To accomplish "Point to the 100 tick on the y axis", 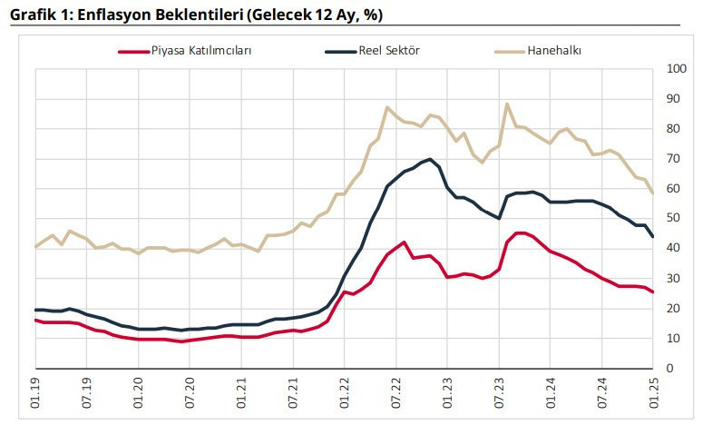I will [676, 69].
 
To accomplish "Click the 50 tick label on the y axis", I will [673, 219].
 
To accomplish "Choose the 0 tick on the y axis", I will [669, 369].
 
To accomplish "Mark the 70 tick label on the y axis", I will [673, 159].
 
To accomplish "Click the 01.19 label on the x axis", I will [36, 390].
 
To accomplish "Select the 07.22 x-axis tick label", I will [396, 390].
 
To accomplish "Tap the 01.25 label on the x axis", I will [653, 390].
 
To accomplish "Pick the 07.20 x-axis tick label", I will [190, 390].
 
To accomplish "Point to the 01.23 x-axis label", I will [448, 390].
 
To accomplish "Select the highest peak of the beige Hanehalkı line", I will [507, 104].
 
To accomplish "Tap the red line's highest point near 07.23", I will [519, 233].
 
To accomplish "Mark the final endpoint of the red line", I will [653, 292].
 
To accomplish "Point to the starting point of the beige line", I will [36, 247].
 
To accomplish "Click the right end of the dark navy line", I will [653, 237].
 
